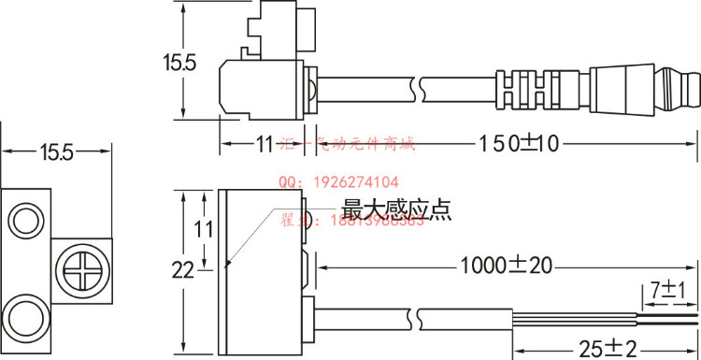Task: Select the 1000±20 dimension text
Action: click(505, 266)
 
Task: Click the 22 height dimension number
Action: click(182, 270)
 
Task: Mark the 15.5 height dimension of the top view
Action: click(178, 64)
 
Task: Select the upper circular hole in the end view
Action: click(24, 221)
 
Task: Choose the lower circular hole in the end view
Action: click(24, 313)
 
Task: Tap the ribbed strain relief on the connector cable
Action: click(520, 88)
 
